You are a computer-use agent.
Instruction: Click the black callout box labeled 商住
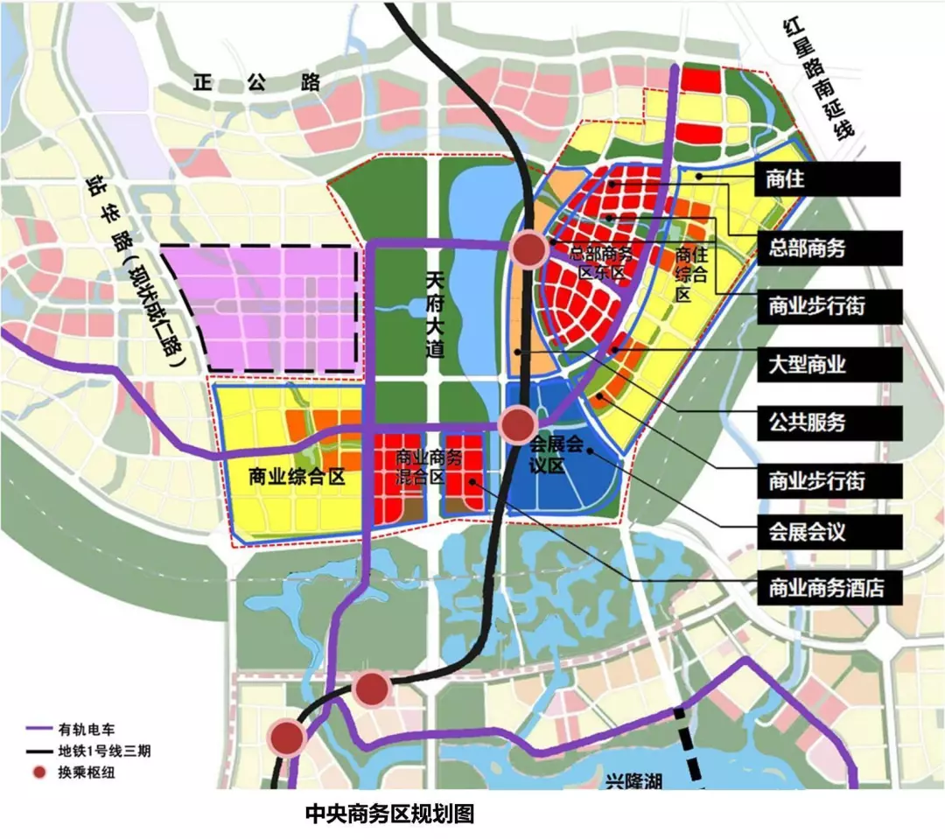pyautogui.click(x=828, y=179)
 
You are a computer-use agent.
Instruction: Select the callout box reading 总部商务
pyautogui.click(x=828, y=248)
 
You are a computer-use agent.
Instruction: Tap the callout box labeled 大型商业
pyautogui.click(x=828, y=363)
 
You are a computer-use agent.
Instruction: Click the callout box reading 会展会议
pyautogui.click(x=828, y=531)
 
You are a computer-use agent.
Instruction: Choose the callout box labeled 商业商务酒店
pyautogui.click(x=828, y=588)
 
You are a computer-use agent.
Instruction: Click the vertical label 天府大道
pyautogui.click(x=435, y=315)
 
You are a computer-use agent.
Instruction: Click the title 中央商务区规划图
pyautogui.click(x=388, y=814)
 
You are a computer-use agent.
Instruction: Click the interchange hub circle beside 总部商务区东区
pyautogui.click(x=529, y=251)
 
